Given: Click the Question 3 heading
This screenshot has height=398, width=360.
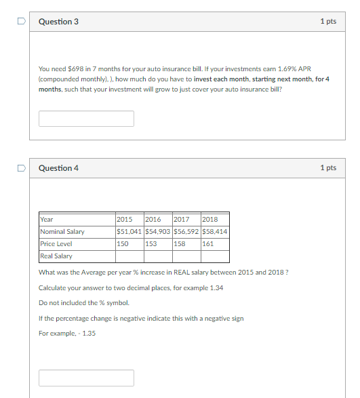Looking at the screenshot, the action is (x=58, y=22).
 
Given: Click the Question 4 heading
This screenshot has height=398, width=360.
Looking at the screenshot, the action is (x=58, y=168).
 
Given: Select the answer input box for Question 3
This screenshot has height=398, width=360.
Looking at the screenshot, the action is (x=86, y=119).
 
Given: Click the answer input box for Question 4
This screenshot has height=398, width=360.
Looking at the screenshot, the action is (x=86, y=378).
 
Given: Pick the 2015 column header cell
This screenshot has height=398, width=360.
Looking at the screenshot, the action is (x=125, y=220).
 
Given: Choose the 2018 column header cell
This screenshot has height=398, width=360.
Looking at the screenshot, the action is (x=210, y=220).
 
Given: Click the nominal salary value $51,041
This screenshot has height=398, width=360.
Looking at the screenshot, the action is (x=129, y=232).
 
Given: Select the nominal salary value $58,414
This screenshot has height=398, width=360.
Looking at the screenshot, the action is (x=214, y=232).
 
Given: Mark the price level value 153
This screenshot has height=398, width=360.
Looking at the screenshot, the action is (x=151, y=244).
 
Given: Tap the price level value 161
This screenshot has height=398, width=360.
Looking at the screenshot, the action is (x=208, y=244).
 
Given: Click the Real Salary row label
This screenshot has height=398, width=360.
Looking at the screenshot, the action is (x=56, y=256).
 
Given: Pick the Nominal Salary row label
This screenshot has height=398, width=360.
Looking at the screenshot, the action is (x=62, y=232).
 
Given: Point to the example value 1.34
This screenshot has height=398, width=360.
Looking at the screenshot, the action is (x=216, y=288).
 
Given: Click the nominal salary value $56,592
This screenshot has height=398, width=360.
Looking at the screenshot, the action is (x=186, y=232).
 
